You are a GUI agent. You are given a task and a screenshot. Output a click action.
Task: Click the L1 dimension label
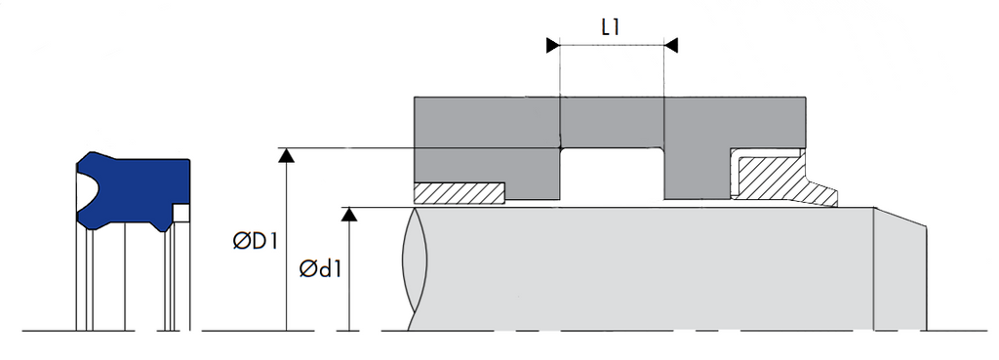pyautogui.click(x=611, y=28)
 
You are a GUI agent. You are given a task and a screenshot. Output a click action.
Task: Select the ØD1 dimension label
pyautogui.click(x=256, y=242)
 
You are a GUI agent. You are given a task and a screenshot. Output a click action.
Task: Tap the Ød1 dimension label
pyautogui.click(x=320, y=269)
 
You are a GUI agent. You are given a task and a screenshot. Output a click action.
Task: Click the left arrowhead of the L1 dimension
pyautogui.click(x=553, y=45)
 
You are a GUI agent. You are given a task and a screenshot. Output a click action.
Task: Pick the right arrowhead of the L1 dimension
pyautogui.click(x=671, y=45)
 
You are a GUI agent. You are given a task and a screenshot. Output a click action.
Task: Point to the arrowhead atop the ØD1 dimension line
pyautogui.click(x=287, y=155)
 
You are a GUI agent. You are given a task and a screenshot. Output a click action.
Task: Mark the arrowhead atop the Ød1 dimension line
pyautogui.click(x=349, y=214)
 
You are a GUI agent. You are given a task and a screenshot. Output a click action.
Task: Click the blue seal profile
pyautogui.click(x=134, y=190)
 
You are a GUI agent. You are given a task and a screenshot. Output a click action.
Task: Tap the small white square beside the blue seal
pyautogui.click(x=180, y=213)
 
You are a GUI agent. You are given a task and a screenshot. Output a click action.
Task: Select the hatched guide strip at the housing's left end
pyautogui.click(x=460, y=193)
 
